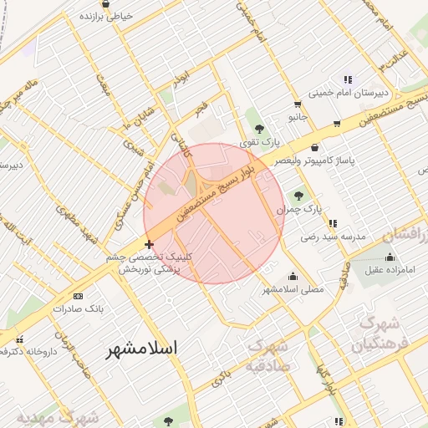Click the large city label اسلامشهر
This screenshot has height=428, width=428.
point(155,349)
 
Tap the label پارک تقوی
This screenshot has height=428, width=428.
point(257,143)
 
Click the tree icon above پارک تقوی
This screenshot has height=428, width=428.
point(260,129)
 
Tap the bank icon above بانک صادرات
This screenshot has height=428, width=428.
point(79,296)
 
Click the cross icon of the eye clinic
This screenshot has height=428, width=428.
point(149,245)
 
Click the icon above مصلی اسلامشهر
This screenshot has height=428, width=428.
point(293,277)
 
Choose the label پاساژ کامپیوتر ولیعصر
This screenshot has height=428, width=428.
point(338,159)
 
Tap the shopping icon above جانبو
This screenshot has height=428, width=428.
point(298,105)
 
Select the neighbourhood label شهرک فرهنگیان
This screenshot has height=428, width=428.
point(380,334)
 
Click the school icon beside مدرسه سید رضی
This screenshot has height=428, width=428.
point(334,223)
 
